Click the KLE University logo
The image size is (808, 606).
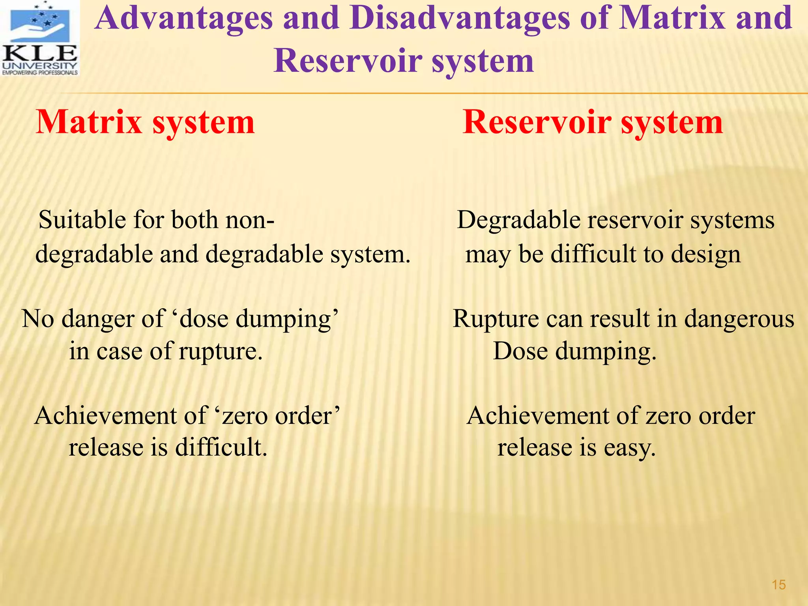point(40,38)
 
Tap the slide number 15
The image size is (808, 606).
point(779,585)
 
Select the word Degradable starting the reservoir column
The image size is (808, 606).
point(518,220)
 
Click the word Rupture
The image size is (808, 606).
point(496,318)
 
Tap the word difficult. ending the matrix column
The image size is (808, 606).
point(221,447)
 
